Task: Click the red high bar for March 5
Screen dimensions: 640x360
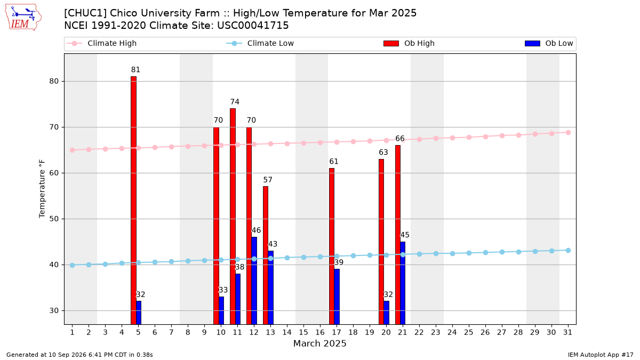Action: [133, 201]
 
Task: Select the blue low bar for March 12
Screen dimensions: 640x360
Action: [254, 281]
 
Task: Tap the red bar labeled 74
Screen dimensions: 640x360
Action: [233, 217]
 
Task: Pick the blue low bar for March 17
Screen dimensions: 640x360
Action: [337, 297]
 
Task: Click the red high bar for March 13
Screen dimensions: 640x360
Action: [266, 255]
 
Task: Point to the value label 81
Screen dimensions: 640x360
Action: [135, 70]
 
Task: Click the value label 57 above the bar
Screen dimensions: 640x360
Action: [268, 180]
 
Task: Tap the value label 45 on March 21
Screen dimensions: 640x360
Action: [405, 235]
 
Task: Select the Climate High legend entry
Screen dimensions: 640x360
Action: [101, 43]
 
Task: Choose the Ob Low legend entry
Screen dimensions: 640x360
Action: [549, 43]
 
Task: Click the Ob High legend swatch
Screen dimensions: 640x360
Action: [391, 43]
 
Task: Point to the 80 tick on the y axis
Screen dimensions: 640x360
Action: [54, 81]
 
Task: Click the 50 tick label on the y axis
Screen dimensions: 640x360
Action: [54, 219]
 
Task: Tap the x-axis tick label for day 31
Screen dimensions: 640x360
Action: [567, 332]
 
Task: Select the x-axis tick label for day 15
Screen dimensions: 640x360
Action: [303, 332]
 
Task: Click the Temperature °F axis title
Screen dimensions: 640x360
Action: [42, 189]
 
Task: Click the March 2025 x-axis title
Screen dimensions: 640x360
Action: [319, 343]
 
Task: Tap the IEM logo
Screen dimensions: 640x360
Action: [23, 18]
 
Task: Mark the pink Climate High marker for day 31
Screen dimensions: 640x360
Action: [568, 133]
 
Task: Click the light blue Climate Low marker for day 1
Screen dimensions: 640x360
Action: [73, 265]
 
